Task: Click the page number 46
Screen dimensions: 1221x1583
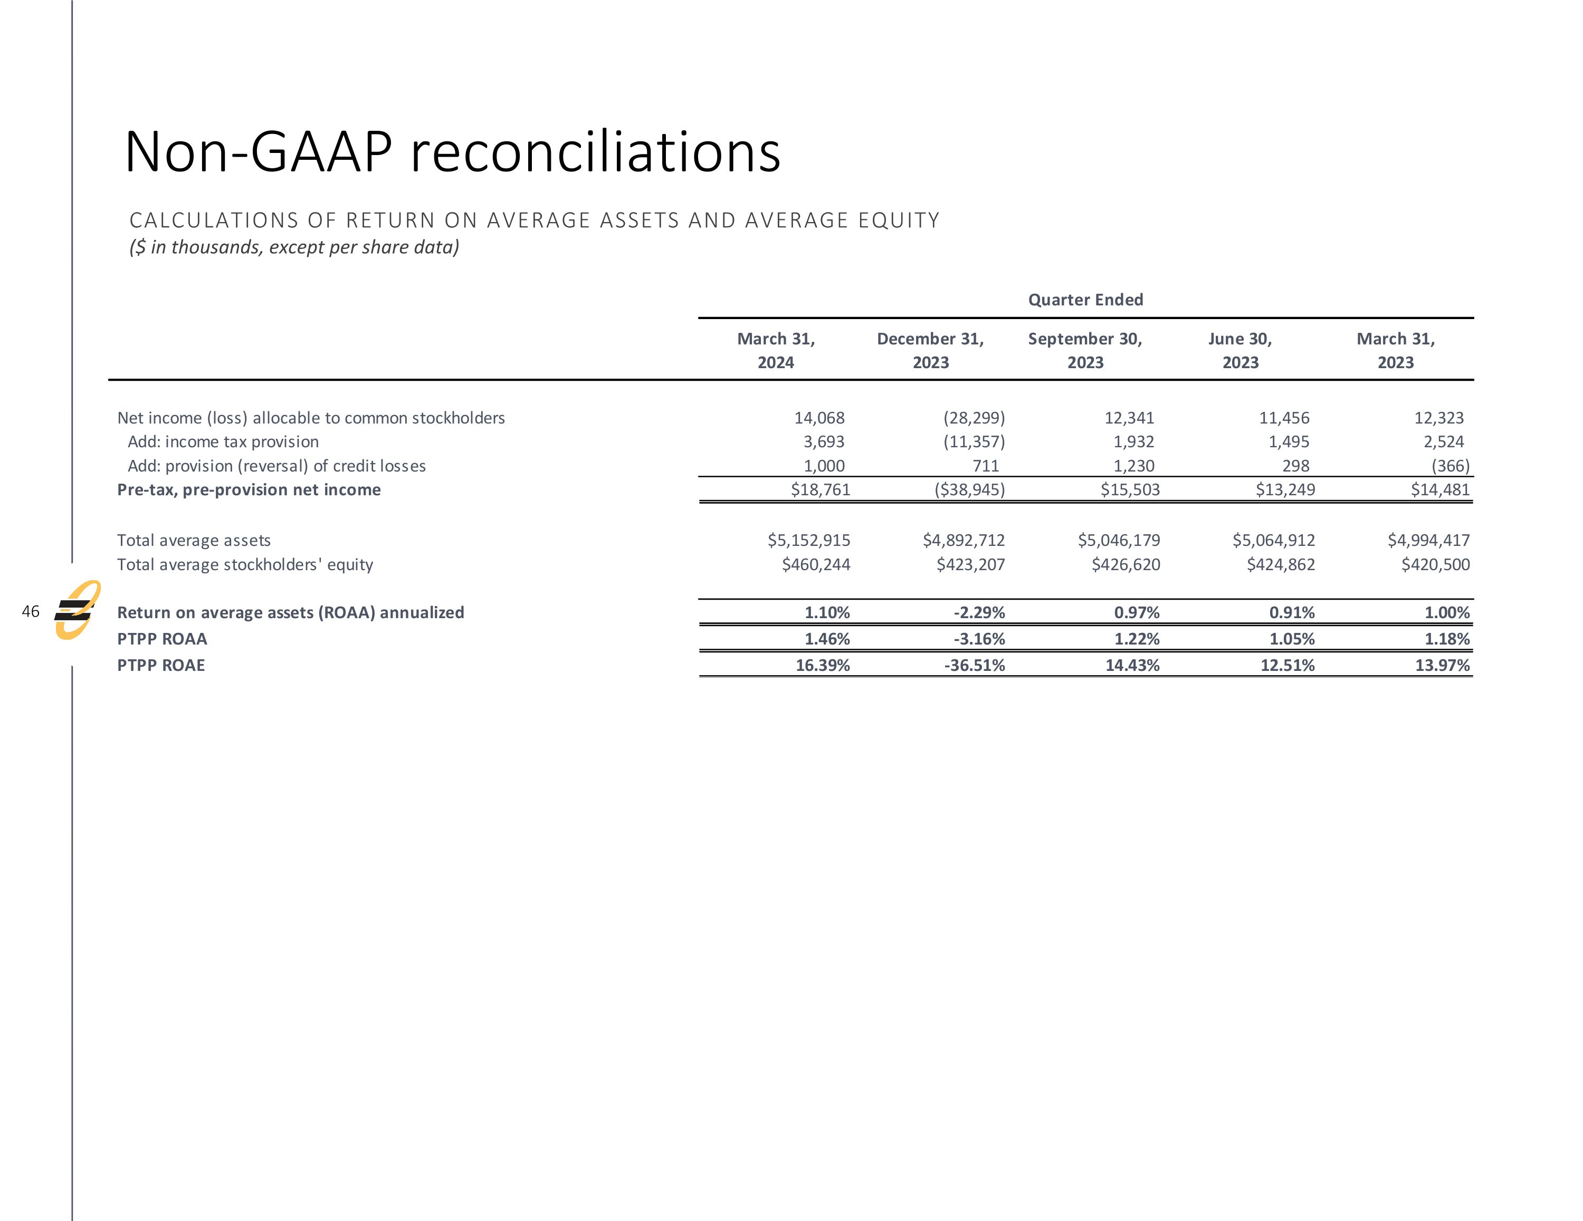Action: (x=31, y=612)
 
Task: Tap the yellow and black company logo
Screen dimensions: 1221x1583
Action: (x=77, y=610)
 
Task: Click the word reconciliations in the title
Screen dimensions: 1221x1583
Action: (x=595, y=153)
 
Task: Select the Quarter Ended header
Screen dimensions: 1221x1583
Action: (x=1085, y=300)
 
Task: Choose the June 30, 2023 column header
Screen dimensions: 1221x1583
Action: (x=1239, y=351)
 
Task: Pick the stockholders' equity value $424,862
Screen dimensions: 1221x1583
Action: (x=1280, y=564)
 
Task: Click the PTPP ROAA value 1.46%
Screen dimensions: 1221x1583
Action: (x=826, y=639)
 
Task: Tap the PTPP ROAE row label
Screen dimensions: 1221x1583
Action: (x=161, y=665)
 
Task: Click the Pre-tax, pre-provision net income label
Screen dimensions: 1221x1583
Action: (x=249, y=490)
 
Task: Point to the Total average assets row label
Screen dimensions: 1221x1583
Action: (x=194, y=541)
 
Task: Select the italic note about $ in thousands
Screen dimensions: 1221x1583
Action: (x=293, y=247)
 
